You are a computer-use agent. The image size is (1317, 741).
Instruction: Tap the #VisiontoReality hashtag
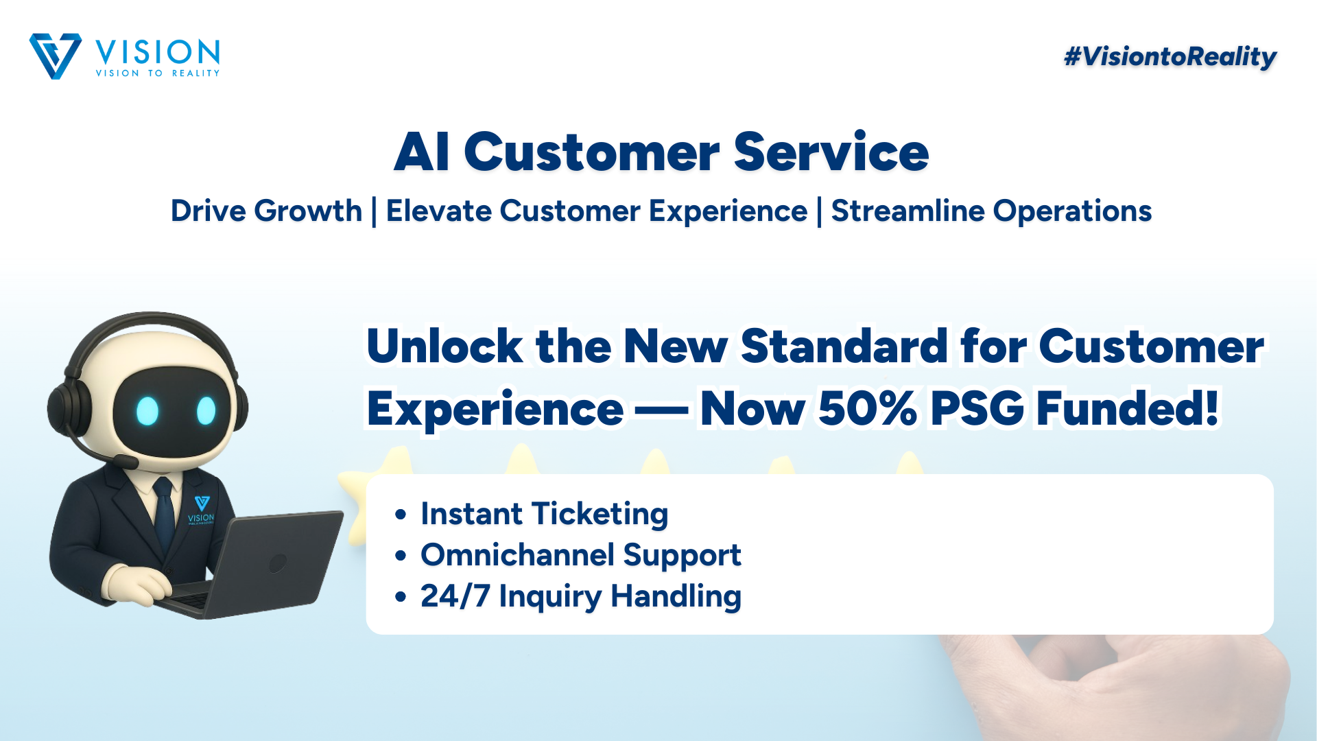[1170, 57]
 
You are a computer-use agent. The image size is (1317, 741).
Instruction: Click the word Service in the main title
[831, 152]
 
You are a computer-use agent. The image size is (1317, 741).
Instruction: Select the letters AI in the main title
[422, 152]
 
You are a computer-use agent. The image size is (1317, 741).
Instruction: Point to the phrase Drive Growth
[266, 211]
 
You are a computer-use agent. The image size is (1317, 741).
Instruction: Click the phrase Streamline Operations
[991, 211]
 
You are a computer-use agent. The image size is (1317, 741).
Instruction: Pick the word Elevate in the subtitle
[438, 211]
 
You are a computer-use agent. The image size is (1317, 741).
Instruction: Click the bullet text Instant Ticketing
[544, 514]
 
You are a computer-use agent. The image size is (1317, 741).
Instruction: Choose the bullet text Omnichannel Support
[581, 555]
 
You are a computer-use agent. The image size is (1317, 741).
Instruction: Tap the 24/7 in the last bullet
[455, 596]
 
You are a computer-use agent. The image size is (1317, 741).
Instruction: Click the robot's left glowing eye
[147, 411]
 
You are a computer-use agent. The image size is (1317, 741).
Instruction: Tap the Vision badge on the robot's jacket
[201, 510]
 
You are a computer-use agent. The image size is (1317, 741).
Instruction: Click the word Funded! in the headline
[1128, 409]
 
